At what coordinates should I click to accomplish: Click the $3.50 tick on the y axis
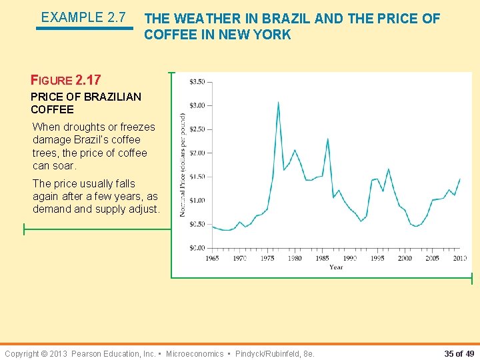[x=197, y=82]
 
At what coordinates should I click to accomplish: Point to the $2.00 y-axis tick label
[x=197, y=153]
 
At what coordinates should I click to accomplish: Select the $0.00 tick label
[x=197, y=248]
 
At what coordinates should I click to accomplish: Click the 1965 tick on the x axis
[x=213, y=258]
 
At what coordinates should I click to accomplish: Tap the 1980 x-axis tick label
[x=295, y=258]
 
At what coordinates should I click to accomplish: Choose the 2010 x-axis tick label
[x=459, y=258]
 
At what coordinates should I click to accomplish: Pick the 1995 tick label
[x=377, y=258]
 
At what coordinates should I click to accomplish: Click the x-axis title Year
[x=336, y=267]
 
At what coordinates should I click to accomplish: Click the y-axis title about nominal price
[x=182, y=164]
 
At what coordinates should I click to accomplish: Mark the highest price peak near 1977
[x=278, y=102]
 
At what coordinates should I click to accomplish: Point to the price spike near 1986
[x=327, y=139]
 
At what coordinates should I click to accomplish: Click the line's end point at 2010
[x=459, y=179]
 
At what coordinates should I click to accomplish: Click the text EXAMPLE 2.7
[x=83, y=17]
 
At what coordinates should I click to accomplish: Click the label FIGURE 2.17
[x=66, y=80]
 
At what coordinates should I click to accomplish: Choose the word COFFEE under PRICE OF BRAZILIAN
[x=52, y=109]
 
